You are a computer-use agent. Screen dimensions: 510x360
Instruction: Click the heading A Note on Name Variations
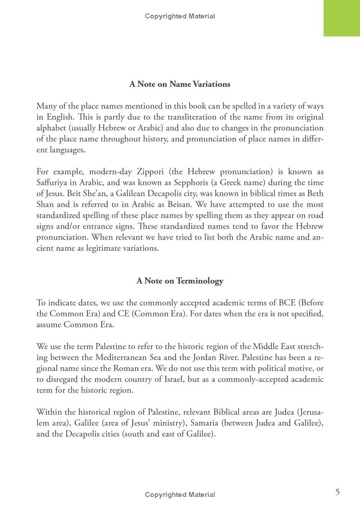click(180, 84)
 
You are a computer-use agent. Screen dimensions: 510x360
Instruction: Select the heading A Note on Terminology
click(180, 281)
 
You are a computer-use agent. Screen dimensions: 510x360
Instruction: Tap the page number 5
click(337, 492)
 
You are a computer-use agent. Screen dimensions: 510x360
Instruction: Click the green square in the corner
click(342, 18)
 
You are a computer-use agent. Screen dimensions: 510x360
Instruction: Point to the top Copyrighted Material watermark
click(180, 16)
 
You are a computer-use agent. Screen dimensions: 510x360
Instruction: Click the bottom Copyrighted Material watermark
click(180, 494)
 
